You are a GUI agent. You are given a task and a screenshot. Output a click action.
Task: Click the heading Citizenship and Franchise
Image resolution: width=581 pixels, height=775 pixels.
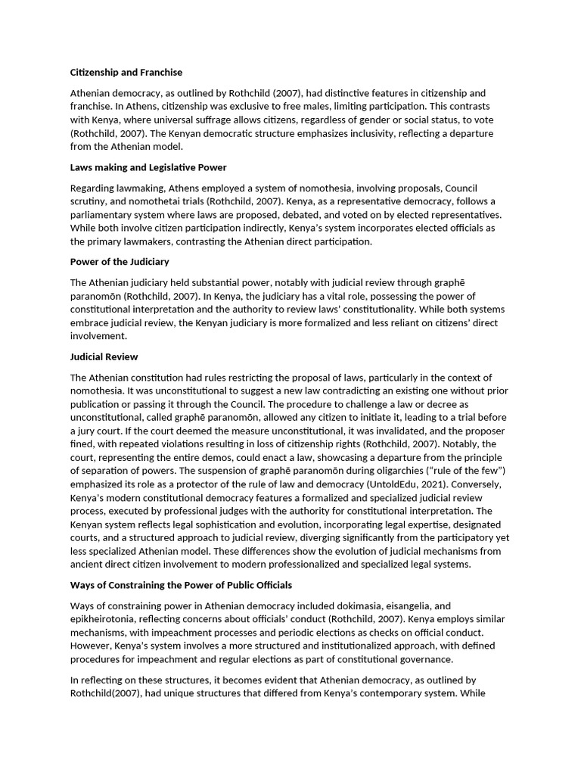[126, 73]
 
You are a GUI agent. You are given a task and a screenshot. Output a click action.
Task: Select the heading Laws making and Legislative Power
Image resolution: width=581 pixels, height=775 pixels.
[148, 167]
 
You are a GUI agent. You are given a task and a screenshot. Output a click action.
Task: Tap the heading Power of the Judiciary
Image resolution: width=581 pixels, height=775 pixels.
[120, 262]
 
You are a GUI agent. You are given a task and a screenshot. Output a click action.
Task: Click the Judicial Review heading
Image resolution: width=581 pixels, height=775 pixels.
[104, 356]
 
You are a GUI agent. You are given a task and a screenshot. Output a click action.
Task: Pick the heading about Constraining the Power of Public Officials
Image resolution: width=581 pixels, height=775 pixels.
[181, 586]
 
